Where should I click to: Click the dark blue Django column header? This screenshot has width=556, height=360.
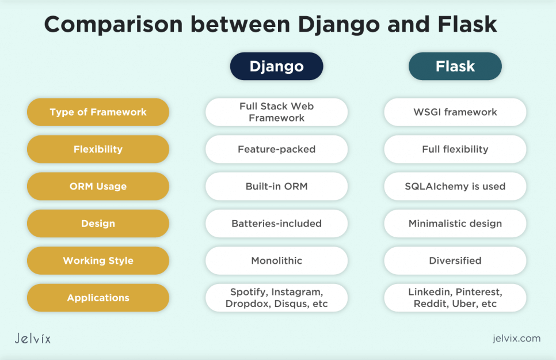point(276,66)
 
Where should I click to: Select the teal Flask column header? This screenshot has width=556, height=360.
point(455,66)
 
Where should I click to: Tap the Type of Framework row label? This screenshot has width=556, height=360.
point(98,112)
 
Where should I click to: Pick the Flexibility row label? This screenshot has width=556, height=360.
point(98,149)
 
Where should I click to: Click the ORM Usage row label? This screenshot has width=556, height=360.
point(98,187)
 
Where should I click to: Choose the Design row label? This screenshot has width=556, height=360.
point(98,223)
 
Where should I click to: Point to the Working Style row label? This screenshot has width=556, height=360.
point(98,261)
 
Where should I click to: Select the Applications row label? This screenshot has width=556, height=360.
point(98,298)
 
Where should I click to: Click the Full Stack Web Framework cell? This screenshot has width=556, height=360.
point(276,112)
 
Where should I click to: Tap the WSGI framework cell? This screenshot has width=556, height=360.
point(455,112)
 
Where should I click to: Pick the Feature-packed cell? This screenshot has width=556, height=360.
point(276,149)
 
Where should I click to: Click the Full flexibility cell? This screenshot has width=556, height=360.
point(455,149)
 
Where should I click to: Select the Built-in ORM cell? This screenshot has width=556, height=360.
point(276,187)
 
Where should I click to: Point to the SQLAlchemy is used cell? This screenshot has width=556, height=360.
point(455,187)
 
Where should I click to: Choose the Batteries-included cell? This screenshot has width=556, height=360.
point(276,223)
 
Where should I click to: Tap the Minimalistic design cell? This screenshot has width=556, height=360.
point(455,223)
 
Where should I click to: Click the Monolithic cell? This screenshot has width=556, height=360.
point(276,261)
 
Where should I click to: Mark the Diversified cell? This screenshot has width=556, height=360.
point(455,261)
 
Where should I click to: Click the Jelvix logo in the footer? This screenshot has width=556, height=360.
point(32,338)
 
